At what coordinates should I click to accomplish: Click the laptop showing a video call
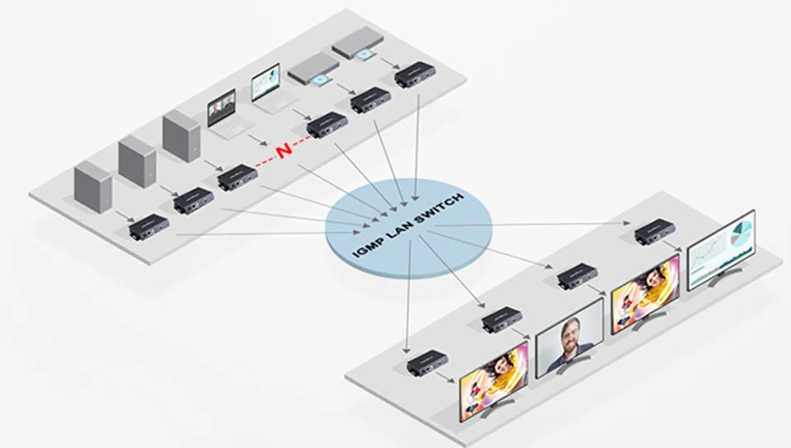[x=227, y=116]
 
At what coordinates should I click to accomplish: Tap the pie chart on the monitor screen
[x=741, y=233]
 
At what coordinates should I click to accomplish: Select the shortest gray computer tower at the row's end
[x=93, y=186]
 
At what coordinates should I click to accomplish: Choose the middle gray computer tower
[x=137, y=161]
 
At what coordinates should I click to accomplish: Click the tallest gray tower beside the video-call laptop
[x=181, y=135]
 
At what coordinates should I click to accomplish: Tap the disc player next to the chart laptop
[x=313, y=70]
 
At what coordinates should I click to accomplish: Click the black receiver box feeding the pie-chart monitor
[x=655, y=232]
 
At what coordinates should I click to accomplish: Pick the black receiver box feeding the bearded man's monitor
[x=503, y=320]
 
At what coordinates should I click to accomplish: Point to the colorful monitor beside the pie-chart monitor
[x=645, y=294]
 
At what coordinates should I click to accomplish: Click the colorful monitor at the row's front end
[x=494, y=381]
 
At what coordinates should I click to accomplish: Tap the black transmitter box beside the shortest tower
[x=149, y=227]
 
